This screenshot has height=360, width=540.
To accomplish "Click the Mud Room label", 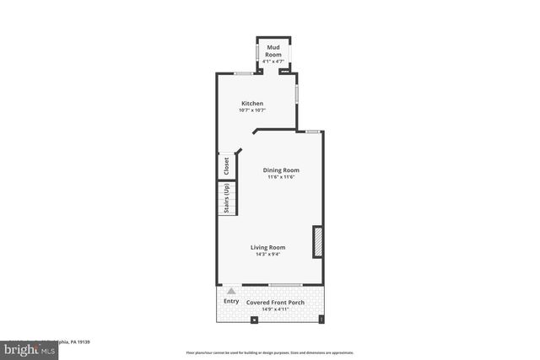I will click(x=274, y=50).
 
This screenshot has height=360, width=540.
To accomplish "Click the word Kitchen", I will click(x=252, y=104).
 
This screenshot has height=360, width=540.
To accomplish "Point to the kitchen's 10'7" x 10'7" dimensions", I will click(x=252, y=110).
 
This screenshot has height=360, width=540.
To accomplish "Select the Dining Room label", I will click(x=281, y=169).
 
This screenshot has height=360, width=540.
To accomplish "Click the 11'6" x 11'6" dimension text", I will click(x=281, y=176).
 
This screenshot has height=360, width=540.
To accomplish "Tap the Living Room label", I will click(x=267, y=247).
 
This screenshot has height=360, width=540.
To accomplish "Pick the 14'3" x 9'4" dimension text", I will click(x=267, y=254).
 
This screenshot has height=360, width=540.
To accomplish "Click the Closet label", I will click(x=226, y=167).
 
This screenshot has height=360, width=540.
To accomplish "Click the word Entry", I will click(x=231, y=301).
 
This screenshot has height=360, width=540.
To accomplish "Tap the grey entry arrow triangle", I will click(x=231, y=291).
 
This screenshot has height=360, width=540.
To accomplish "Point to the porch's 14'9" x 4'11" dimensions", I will click(x=276, y=309).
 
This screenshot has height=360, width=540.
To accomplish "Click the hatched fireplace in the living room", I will click(x=318, y=240).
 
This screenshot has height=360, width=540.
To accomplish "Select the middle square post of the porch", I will click(x=255, y=319).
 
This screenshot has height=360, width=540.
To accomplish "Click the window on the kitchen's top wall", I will click(x=244, y=73).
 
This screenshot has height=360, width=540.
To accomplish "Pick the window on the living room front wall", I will click(x=285, y=284).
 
